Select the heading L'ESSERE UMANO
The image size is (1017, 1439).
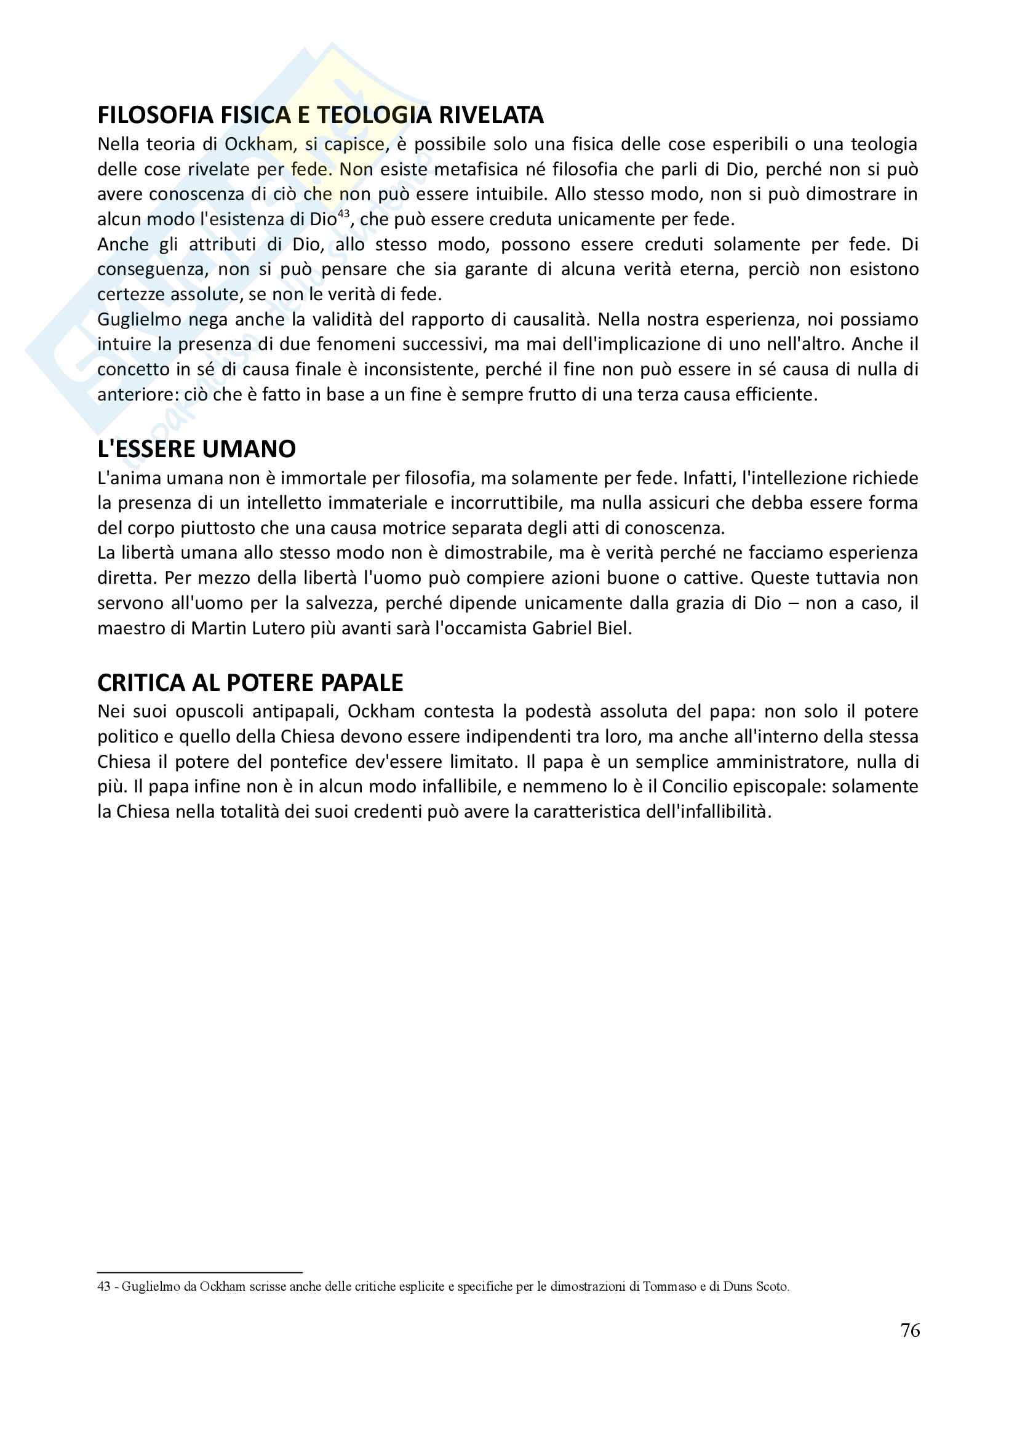tap(196, 448)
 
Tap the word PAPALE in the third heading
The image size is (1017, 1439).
tap(362, 682)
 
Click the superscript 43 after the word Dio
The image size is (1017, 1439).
tap(343, 213)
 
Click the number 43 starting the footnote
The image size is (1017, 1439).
tap(104, 1286)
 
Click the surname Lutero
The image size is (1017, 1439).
tap(275, 628)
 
